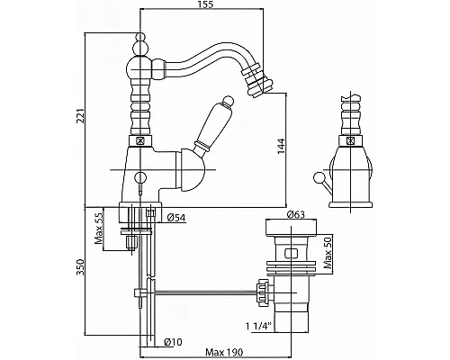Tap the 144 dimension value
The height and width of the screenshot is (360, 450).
[281, 147]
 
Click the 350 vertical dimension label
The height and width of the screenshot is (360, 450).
[81, 267]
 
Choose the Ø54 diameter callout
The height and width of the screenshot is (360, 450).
[176, 217]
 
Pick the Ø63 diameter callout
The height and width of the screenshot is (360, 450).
[295, 214]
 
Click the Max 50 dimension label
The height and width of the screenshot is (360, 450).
[328, 253]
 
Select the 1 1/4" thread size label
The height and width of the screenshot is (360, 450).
[258, 326]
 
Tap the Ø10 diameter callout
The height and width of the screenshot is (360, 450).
[173, 342]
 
